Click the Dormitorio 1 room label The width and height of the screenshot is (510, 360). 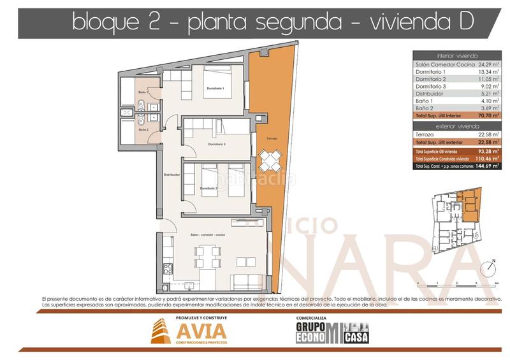point(215,88)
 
